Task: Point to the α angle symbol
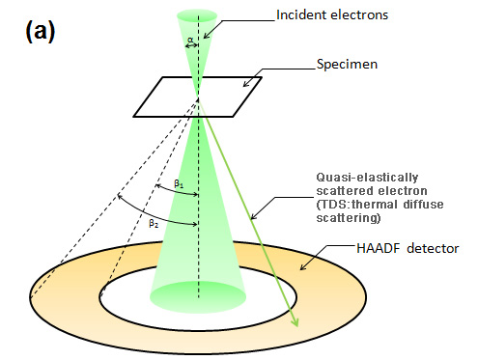point(189,41)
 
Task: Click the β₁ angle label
point(180,182)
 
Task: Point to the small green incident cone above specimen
point(198,48)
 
